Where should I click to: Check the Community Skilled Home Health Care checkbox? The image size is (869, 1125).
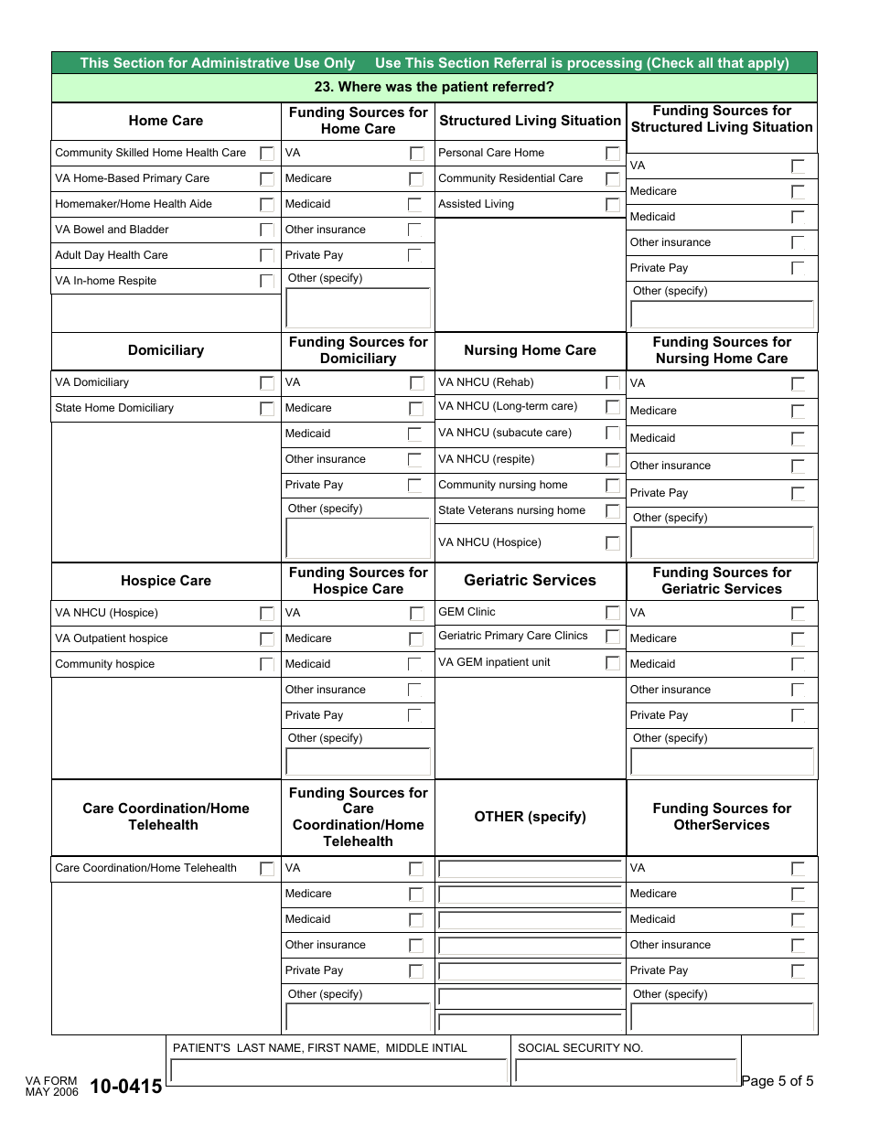[x=267, y=154]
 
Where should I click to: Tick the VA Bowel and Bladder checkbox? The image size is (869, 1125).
[x=267, y=230]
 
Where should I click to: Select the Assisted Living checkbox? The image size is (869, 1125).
[x=613, y=205]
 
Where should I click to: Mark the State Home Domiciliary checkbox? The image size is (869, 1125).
[x=267, y=409]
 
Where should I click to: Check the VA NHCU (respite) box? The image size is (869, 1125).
[x=613, y=460]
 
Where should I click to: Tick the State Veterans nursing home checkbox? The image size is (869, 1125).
[x=613, y=511]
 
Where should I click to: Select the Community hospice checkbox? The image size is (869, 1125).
[x=267, y=665]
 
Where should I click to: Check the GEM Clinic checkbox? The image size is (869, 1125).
[x=613, y=613]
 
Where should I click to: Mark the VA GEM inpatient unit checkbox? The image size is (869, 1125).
[x=613, y=663]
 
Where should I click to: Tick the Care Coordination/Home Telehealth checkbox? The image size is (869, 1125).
[x=267, y=869]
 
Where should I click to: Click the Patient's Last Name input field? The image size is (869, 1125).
[x=339, y=1071]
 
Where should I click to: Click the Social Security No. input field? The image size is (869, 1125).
[x=626, y=1071]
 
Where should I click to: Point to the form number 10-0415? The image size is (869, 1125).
[x=125, y=1087]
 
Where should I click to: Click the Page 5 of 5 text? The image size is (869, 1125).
[x=777, y=1081]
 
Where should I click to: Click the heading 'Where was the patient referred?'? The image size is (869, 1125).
[x=434, y=88]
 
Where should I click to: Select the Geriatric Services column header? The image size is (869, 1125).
[x=530, y=581]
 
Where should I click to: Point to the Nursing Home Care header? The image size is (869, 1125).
[x=530, y=350]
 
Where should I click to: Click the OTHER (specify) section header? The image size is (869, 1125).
[x=530, y=817]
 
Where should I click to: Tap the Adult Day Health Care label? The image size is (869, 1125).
[x=112, y=255]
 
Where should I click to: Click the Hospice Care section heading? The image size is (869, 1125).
[x=166, y=581]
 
